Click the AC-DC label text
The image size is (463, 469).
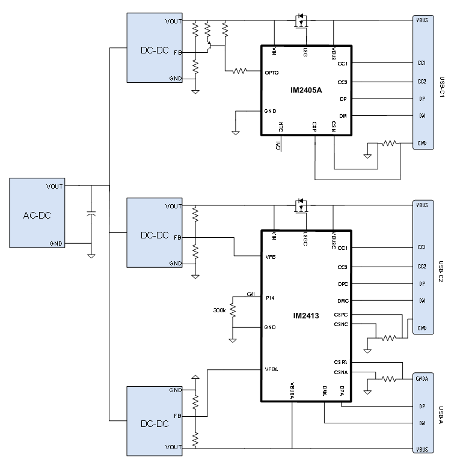37,216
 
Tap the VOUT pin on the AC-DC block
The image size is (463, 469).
55,187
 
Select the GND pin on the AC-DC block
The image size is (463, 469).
56,243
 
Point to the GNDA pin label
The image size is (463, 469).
422,379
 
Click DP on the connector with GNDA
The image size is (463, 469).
422,407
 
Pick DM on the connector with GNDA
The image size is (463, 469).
422,423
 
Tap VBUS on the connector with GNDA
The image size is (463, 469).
422,449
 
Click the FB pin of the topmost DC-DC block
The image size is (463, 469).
177,53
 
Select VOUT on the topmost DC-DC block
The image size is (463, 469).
173,22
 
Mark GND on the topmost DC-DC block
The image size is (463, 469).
175,79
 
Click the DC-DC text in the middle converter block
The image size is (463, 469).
155,235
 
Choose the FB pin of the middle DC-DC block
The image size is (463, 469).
177,238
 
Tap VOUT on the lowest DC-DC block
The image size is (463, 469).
173,447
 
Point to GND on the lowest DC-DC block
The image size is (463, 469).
175,390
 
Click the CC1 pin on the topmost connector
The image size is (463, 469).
422,62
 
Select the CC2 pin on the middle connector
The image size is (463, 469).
422,267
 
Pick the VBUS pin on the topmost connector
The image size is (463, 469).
422,20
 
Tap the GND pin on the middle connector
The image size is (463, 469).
422,328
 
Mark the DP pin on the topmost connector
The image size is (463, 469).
422,99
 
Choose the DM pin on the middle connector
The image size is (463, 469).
422,301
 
